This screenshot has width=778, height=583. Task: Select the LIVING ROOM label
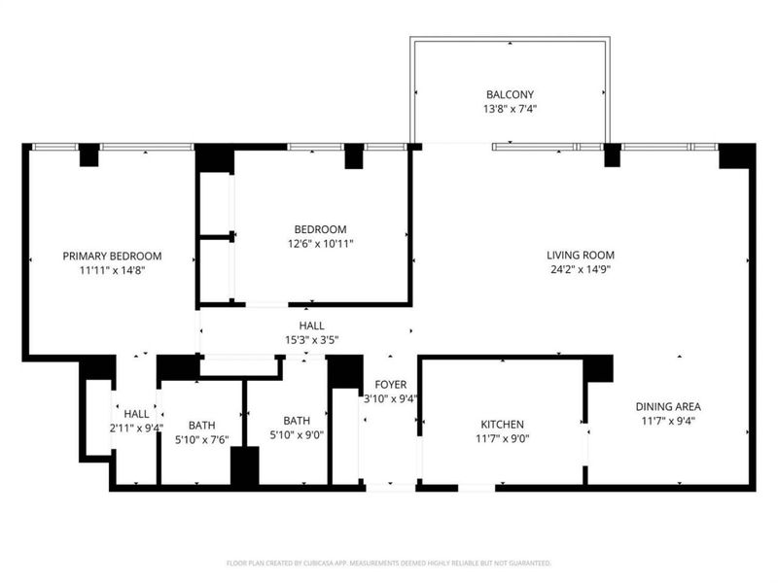(x=580, y=255)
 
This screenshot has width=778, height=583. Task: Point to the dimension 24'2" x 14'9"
(x=580, y=269)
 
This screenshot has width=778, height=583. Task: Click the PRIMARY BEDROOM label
(x=112, y=256)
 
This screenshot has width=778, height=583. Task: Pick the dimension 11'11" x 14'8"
(x=112, y=270)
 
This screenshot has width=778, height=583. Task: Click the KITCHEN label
(x=503, y=425)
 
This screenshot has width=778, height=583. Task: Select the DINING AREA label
(x=668, y=406)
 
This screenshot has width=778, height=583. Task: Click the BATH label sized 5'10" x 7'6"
(x=202, y=425)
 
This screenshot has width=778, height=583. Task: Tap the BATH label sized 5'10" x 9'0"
(x=297, y=420)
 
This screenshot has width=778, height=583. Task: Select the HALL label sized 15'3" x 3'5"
(x=311, y=326)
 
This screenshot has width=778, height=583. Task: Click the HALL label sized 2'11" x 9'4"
(x=136, y=413)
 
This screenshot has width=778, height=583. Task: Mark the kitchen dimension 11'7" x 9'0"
(x=503, y=439)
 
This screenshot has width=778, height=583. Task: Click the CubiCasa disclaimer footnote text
(x=389, y=563)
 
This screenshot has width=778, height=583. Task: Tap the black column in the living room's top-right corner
(x=736, y=155)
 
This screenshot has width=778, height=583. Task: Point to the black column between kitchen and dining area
(x=598, y=368)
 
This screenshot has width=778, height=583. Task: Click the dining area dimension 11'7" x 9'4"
(x=668, y=421)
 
